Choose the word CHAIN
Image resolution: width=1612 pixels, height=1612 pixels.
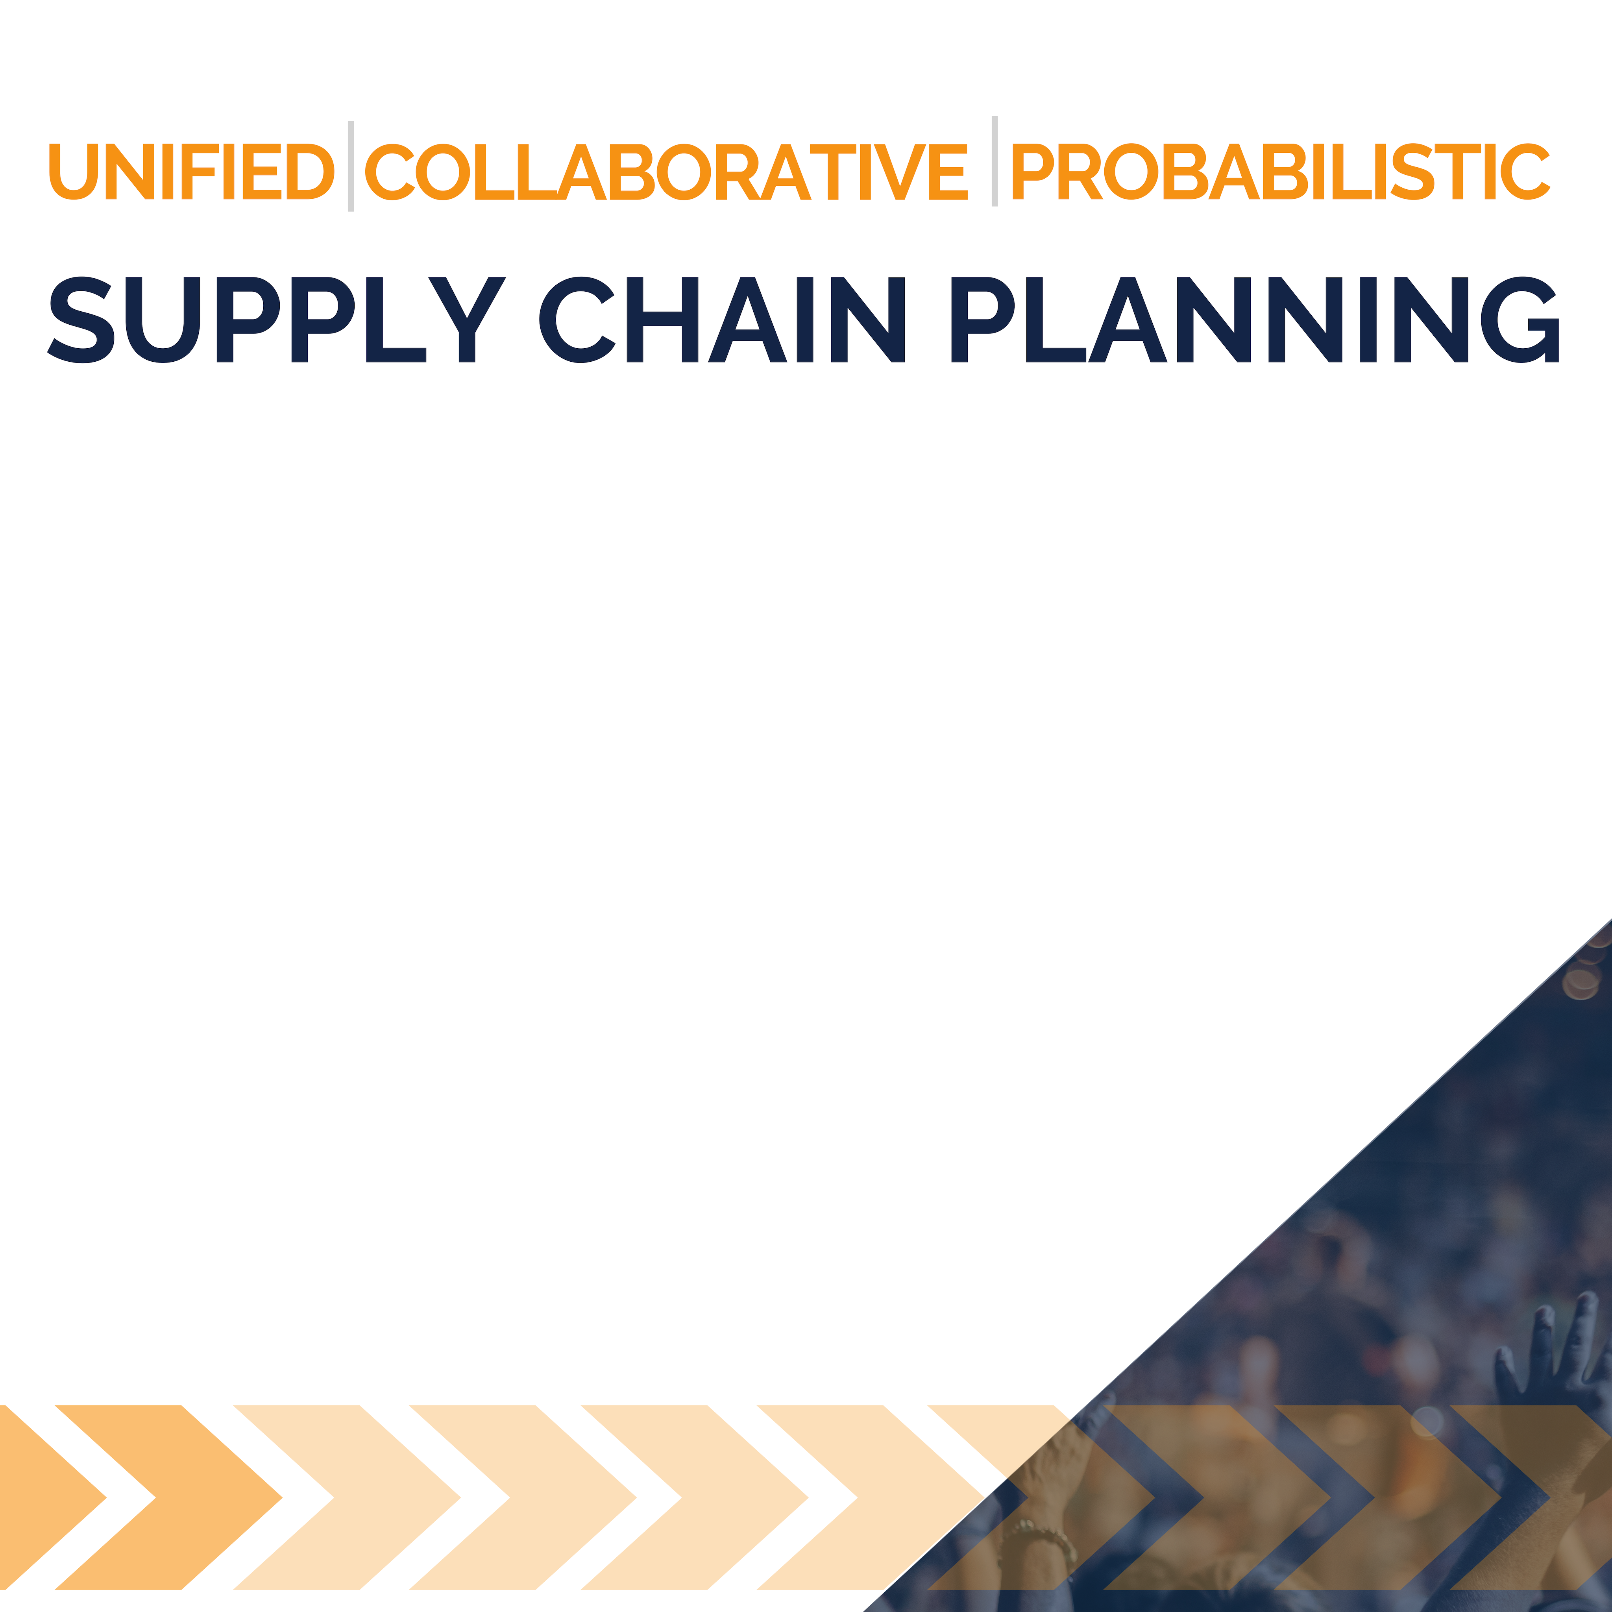[x=723, y=320]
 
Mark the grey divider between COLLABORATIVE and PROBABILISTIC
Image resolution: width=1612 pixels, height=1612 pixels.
[x=995, y=161]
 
